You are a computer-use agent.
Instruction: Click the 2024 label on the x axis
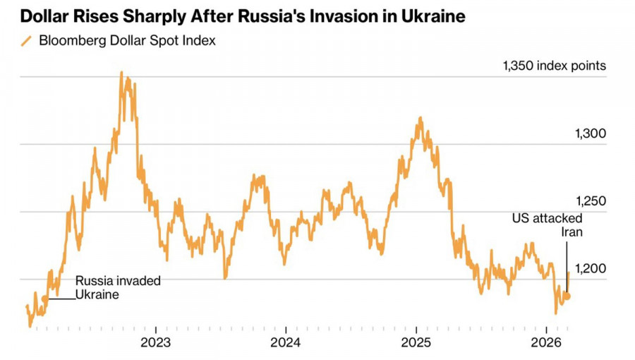(x=285, y=343)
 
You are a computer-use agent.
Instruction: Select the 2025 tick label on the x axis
(x=416, y=343)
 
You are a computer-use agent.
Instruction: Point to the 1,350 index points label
(x=554, y=66)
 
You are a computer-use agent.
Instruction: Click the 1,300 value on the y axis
(x=591, y=134)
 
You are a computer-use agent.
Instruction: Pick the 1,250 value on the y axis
(x=591, y=201)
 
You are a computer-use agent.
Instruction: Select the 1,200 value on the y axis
(x=591, y=269)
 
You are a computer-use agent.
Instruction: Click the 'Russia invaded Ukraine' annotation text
(x=118, y=287)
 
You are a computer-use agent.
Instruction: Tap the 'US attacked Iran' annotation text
(x=547, y=225)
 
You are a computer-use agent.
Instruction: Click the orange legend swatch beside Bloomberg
(x=27, y=41)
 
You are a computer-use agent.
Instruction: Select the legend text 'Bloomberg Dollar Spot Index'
(x=127, y=40)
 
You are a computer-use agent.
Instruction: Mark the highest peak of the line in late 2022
(x=121, y=72)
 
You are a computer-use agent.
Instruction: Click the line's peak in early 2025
(x=421, y=118)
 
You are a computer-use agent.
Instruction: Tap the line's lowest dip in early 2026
(x=556, y=313)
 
